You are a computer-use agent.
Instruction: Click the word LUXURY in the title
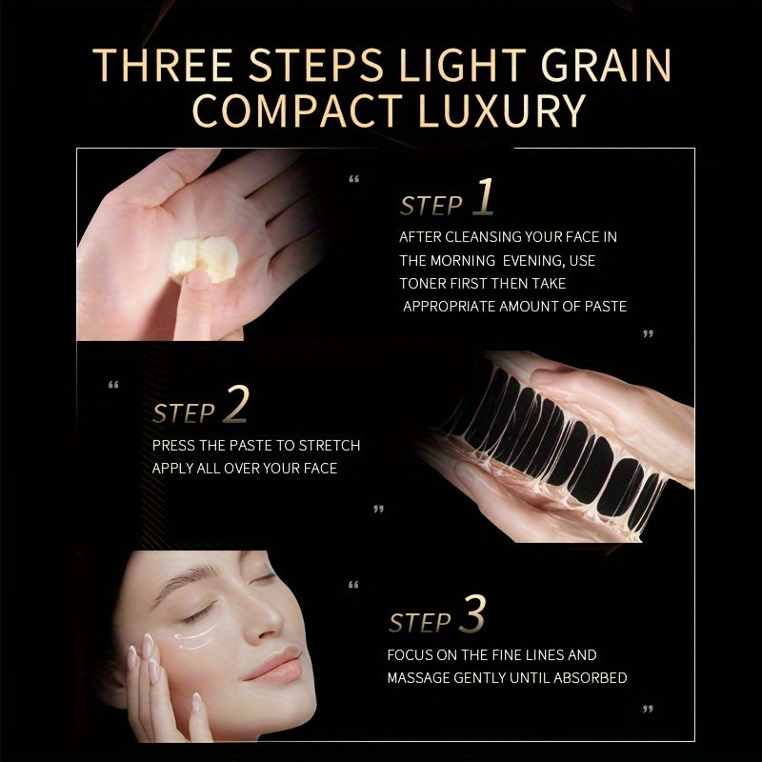[x=502, y=110]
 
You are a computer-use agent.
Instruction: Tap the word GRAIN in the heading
[x=606, y=65]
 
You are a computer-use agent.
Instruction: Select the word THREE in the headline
[x=163, y=65]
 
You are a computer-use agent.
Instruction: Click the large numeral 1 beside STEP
[x=484, y=196]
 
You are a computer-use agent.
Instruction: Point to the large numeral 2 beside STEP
[x=236, y=404]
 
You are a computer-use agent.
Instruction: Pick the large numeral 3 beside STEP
[x=472, y=613]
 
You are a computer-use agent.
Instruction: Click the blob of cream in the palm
[x=203, y=259]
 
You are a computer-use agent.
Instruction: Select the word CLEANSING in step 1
[x=483, y=237]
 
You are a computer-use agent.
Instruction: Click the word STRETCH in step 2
[x=330, y=446]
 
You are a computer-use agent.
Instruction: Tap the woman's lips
[x=273, y=663]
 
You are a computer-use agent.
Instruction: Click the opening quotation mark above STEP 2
[x=113, y=385]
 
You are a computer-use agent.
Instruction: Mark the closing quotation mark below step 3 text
[x=648, y=709]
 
